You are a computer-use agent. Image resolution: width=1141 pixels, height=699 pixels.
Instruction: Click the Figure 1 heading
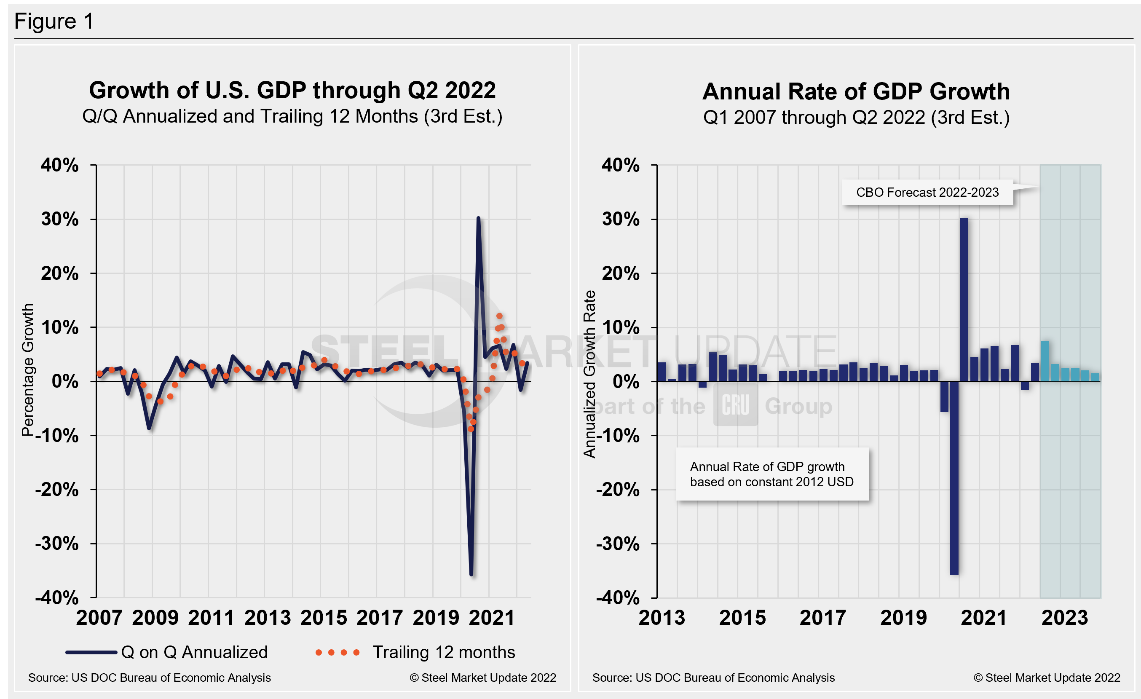coord(54,21)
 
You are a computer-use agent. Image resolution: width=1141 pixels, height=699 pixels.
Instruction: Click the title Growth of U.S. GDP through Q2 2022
coord(292,90)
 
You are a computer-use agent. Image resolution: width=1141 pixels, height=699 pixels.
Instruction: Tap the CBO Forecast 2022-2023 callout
coord(927,193)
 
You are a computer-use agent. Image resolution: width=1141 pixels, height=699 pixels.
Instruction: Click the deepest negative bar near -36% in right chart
coord(954,477)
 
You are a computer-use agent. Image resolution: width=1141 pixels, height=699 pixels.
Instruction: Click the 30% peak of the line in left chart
coord(478,219)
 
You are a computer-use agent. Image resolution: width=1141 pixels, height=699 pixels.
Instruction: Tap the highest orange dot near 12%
coord(499,316)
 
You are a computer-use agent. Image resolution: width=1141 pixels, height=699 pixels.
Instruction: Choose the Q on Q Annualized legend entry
coord(167,652)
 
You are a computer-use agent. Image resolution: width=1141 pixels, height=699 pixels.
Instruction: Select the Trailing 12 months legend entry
coord(415,652)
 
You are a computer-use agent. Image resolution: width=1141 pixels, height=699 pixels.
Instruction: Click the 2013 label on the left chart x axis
coord(267,618)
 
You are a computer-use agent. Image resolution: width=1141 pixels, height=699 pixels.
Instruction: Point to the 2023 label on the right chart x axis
coord(1064,618)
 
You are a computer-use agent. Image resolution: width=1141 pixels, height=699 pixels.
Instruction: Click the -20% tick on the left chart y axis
coord(57,490)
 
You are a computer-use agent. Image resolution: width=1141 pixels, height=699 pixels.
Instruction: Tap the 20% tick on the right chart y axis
coord(621,273)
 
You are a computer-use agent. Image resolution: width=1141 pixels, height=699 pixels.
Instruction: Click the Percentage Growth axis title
coord(28,370)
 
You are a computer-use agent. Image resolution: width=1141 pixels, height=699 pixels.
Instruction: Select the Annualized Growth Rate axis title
coord(589,374)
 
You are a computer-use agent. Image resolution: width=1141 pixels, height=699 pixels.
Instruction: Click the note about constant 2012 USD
coord(771,474)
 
